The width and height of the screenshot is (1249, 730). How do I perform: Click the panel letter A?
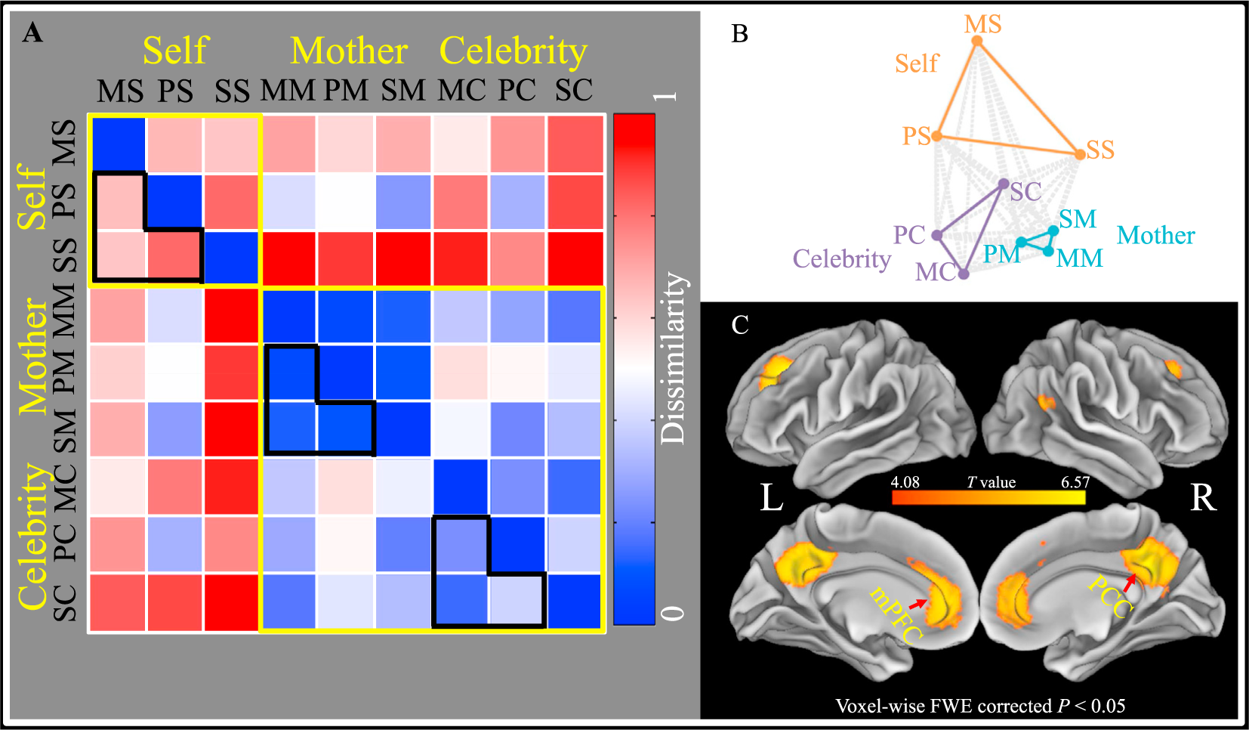[x=32, y=32]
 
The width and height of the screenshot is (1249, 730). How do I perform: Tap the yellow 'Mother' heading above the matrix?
[x=349, y=51]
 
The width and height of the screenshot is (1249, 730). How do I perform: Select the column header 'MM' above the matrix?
[x=288, y=91]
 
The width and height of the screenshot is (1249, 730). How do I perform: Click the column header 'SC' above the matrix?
[x=574, y=91]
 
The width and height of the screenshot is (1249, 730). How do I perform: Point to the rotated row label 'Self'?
[x=32, y=198]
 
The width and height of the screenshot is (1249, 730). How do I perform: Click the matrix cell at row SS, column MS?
[x=119, y=258]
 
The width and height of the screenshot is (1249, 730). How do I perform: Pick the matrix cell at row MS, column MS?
[x=119, y=144]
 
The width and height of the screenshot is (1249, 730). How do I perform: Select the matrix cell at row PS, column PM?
[x=345, y=202]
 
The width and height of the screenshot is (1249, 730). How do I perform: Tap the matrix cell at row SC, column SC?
[x=575, y=602]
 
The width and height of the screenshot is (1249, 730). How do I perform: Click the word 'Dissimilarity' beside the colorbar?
[x=672, y=357]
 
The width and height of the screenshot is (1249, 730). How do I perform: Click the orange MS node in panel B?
[x=977, y=41]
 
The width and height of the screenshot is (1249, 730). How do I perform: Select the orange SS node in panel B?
[x=1080, y=154]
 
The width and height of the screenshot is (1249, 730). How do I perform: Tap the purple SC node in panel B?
[x=1004, y=184]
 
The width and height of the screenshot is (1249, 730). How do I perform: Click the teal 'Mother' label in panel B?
[x=1155, y=235]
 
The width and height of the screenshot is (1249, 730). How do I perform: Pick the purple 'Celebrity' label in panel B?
[x=841, y=258]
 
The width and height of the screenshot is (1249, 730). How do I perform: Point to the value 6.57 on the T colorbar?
[x=1075, y=482]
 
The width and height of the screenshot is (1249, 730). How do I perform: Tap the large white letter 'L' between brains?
[x=771, y=498]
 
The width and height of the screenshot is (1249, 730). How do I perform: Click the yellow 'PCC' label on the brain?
[x=1110, y=596]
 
